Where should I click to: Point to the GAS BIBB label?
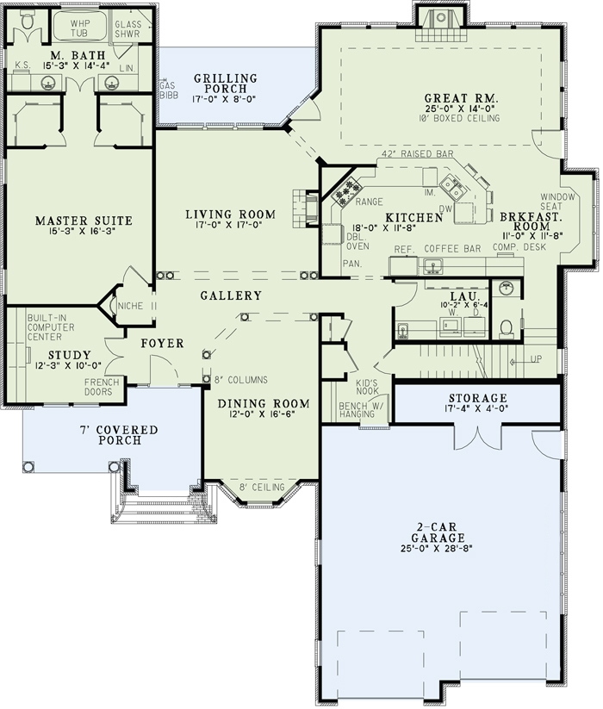[x=168, y=90]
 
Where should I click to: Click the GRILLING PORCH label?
[x=227, y=83]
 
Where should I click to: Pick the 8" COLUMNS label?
[x=241, y=379]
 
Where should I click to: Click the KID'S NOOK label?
[x=370, y=386]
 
